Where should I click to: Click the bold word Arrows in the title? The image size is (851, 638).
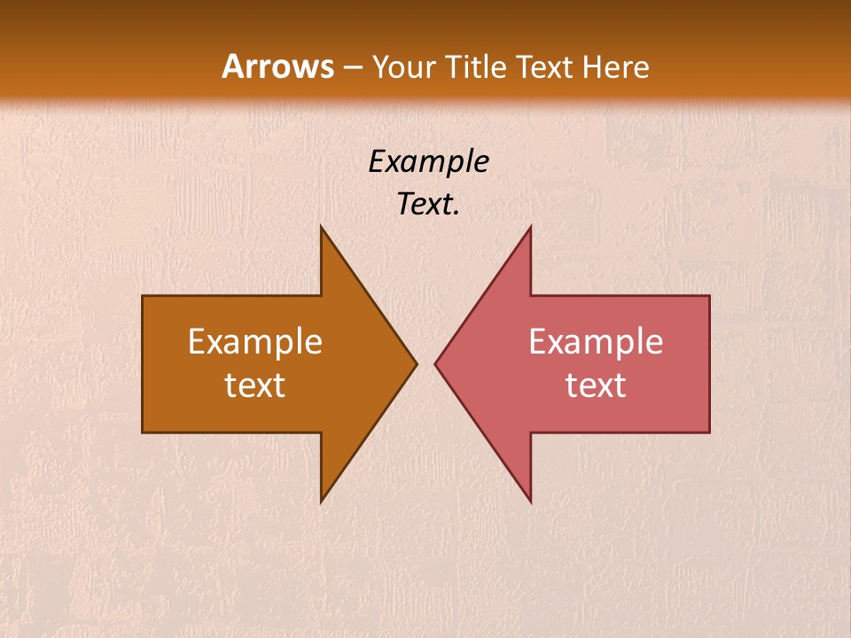coord(278,66)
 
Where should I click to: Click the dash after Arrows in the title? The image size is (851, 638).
coord(353,67)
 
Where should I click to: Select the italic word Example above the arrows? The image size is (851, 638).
coord(429,162)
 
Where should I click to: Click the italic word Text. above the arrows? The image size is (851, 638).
coord(429,205)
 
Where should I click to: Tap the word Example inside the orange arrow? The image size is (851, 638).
coord(255,342)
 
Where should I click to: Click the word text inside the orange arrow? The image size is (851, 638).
coord(255,385)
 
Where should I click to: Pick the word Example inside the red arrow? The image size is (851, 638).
coord(596,342)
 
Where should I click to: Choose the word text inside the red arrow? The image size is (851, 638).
coord(596,385)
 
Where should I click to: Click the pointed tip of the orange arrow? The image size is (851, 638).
coord(416,363)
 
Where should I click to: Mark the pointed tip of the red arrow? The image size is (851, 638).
coord(436,363)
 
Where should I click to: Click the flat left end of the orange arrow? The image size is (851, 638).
coord(144,364)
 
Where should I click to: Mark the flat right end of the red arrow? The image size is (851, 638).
coord(709,364)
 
